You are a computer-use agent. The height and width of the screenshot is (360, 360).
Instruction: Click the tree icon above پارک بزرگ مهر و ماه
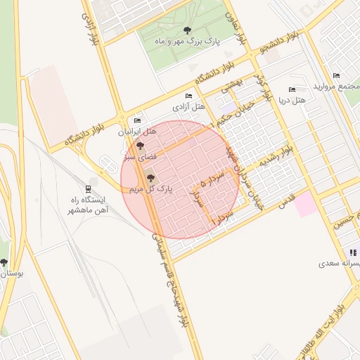tap(186, 30)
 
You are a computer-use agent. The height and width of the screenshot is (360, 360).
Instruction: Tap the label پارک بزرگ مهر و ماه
tap(186, 42)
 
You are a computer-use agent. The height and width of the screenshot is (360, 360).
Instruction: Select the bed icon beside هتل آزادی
tap(188, 96)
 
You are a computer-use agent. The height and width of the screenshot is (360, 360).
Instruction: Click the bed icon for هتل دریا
tap(292, 89)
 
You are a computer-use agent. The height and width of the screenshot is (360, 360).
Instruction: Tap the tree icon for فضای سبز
tap(139, 146)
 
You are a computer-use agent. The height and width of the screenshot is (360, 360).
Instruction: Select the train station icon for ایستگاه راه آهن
tap(88, 188)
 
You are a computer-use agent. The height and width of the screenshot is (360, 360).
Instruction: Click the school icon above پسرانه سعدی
tap(353, 252)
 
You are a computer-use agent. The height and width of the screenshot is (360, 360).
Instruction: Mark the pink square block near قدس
tap(304, 205)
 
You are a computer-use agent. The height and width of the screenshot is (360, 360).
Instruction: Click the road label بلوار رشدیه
tap(276, 157)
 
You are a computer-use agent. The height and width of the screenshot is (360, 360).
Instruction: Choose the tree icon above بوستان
tap(4, 262)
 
